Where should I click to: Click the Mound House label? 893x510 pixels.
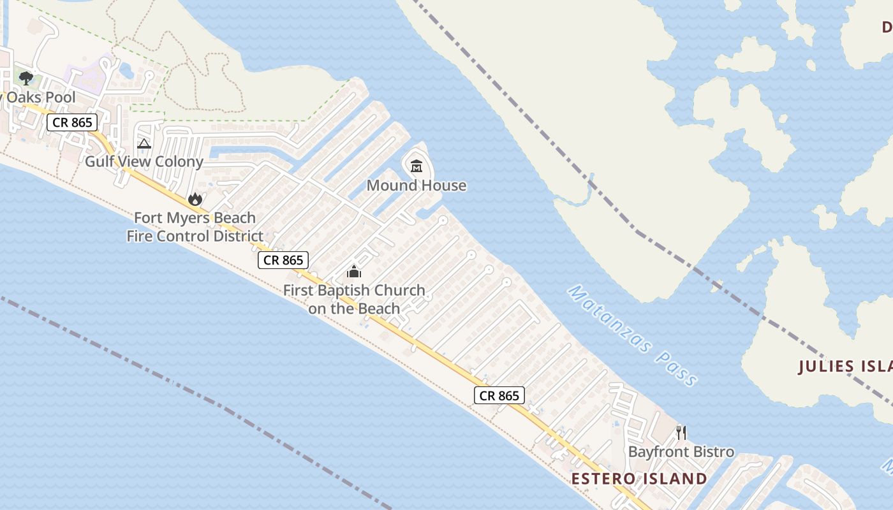tap(416, 186)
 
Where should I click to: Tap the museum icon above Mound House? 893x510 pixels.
tap(417, 166)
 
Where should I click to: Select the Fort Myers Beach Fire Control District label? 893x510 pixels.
tap(195, 227)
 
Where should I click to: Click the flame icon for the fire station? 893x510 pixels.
tap(195, 200)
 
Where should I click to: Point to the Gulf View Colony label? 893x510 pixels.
tap(144, 161)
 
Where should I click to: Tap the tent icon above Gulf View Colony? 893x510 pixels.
tap(144, 143)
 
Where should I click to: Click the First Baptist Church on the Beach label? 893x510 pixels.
tap(354, 299)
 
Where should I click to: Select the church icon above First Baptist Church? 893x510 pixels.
tap(354, 272)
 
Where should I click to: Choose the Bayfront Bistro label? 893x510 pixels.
tap(681, 452)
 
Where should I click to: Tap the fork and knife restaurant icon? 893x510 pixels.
tap(681, 433)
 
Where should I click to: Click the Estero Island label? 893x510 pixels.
tap(639, 479)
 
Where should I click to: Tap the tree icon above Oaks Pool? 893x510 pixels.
tap(26, 78)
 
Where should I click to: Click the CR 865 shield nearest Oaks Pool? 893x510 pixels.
tap(72, 122)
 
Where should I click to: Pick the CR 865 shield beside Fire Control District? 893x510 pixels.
tap(283, 260)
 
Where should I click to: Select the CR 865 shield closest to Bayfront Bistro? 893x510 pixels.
tap(499, 395)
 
